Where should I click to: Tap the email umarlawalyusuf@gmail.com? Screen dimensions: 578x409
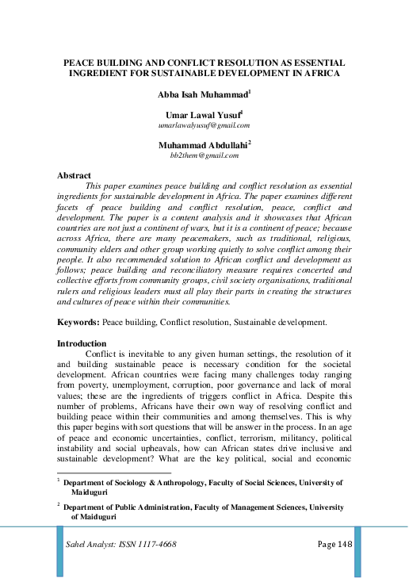pyautogui.click(x=204, y=125)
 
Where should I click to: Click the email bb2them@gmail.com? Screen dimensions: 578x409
pyautogui.click(x=204, y=156)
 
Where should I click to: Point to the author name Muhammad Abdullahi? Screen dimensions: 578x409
pyautogui.click(x=202, y=145)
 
